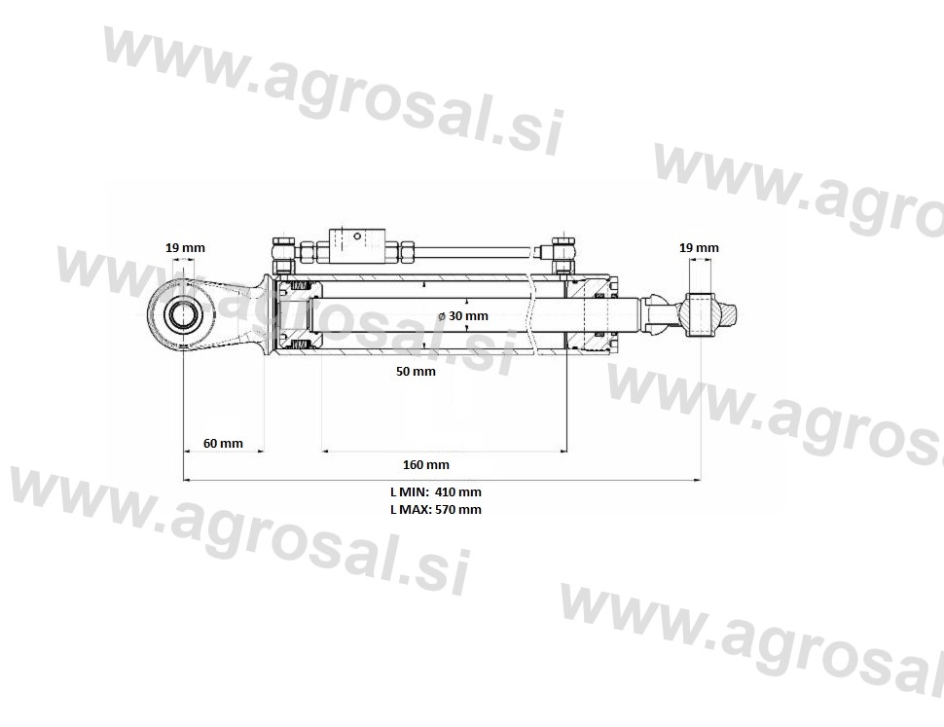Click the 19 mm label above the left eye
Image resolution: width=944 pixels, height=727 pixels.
pyautogui.click(x=185, y=247)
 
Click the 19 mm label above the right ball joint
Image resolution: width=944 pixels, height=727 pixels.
pyautogui.click(x=699, y=247)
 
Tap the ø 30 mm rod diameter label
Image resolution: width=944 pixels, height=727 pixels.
pyautogui.click(x=463, y=315)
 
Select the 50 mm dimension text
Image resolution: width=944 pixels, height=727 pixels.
pyautogui.click(x=416, y=372)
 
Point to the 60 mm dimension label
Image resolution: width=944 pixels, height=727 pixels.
pyautogui.click(x=223, y=444)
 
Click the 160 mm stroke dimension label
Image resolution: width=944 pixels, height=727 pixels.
pyautogui.click(x=425, y=464)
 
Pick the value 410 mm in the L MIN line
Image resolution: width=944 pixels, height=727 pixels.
pyautogui.click(x=458, y=491)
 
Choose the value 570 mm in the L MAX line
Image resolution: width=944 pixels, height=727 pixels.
pyautogui.click(x=458, y=510)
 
